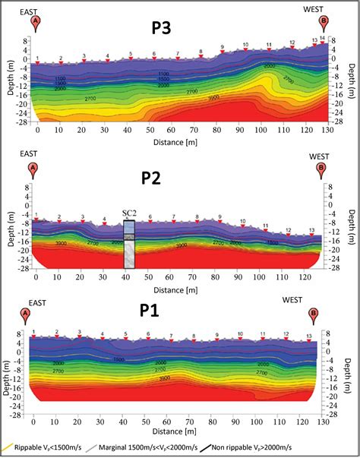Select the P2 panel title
[155, 179]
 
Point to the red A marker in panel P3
[35, 23]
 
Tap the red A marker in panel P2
[32, 168]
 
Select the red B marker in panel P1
[313, 314]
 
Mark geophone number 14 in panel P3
[322, 38]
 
